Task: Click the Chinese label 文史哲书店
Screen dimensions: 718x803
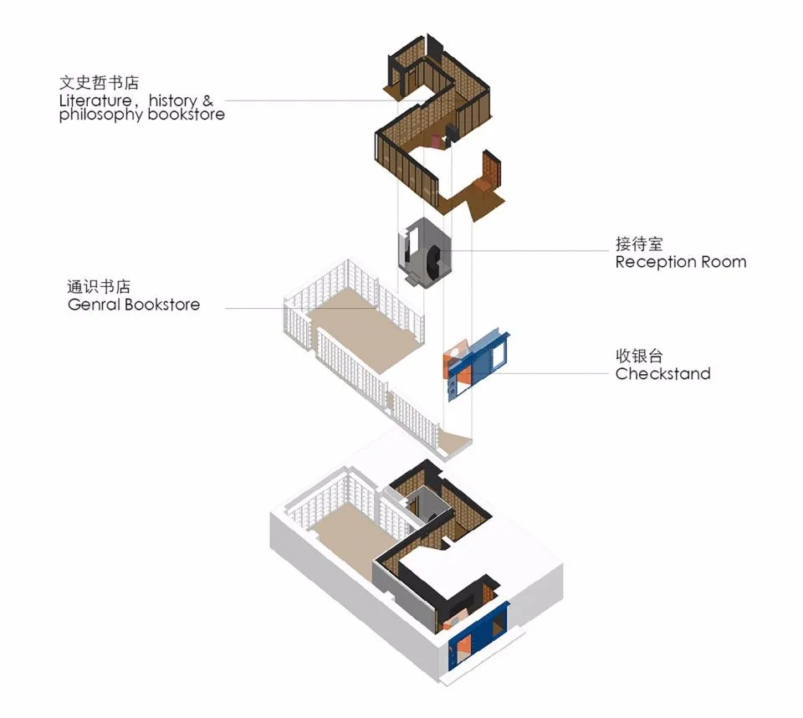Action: (x=99, y=84)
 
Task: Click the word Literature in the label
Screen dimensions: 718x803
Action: (x=90, y=100)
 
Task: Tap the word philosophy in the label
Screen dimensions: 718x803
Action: (x=100, y=115)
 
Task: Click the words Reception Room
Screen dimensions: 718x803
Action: (x=680, y=262)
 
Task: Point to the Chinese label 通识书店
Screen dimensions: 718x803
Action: (x=99, y=287)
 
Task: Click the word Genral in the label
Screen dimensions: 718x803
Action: (x=94, y=305)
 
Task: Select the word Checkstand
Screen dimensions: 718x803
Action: (x=662, y=374)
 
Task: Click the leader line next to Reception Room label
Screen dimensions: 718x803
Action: (x=535, y=250)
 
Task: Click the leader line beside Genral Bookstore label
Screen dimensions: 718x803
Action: (x=293, y=308)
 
